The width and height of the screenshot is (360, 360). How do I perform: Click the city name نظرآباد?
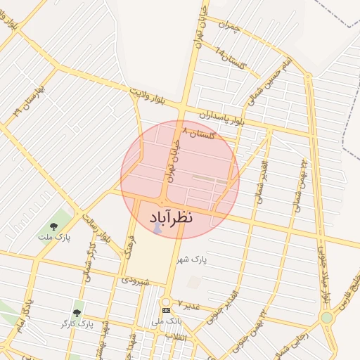point(171,218)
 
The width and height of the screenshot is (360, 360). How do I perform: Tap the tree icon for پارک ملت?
point(54,226)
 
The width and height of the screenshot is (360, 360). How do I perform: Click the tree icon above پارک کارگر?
point(76,311)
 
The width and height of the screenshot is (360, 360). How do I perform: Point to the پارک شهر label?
point(193,259)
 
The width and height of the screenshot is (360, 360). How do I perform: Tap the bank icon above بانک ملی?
point(166,310)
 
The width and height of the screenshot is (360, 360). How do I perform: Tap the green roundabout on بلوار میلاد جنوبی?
point(326,317)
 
